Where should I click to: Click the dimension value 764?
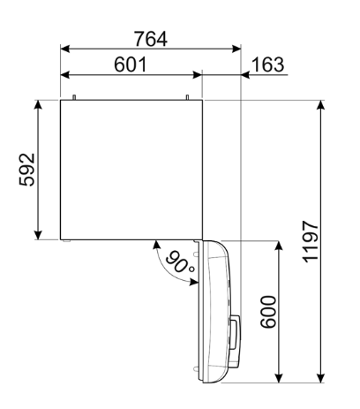click(150, 39)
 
